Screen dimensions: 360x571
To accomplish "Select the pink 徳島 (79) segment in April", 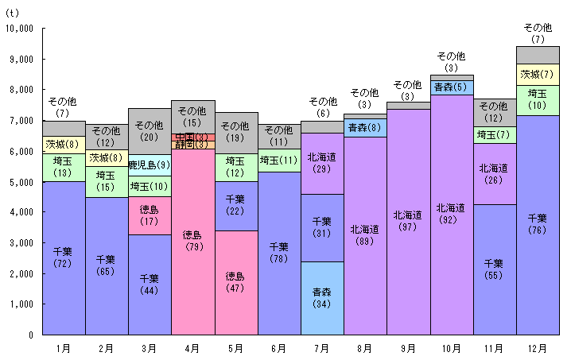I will (192, 241).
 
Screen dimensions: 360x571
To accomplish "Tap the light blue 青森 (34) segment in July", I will (322, 298).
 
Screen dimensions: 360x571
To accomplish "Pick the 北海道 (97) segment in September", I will (408, 221).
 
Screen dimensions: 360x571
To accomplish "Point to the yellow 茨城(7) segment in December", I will (538, 75).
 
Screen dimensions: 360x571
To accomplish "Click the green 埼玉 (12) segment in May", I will (235, 167).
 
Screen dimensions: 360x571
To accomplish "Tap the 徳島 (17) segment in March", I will (150, 215).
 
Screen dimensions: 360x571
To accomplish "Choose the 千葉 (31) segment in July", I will (322, 227).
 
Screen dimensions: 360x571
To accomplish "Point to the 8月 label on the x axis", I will (365, 348).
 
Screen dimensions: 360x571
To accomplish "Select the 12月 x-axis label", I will (538, 348).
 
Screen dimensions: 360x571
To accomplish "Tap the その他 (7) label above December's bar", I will (538, 33).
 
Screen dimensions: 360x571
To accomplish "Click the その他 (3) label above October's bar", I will (452, 61).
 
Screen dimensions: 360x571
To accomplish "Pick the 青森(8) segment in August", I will (365, 127).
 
